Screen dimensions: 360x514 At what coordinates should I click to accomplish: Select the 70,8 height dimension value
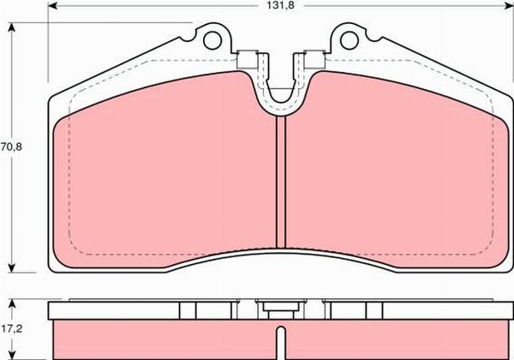(x=11, y=147)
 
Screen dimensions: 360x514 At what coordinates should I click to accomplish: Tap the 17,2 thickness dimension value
(x=11, y=327)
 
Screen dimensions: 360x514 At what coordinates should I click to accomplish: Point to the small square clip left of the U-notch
(x=249, y=61)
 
